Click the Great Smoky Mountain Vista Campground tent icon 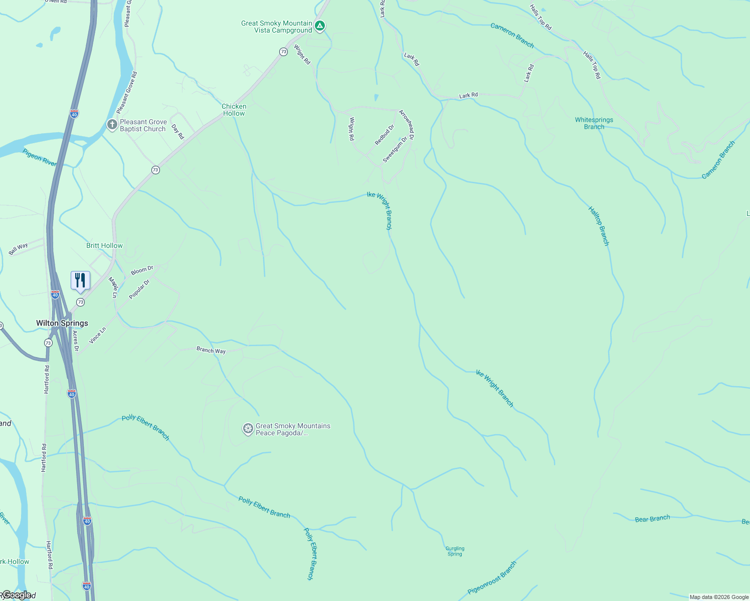coord(320,26)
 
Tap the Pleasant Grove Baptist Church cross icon coord(112,124)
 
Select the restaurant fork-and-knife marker coord(80,280)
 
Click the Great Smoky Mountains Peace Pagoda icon coord(248,429)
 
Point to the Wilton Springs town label coord(62,324)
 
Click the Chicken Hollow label coord(234,110)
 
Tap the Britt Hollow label coord(104,245)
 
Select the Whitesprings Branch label coord(594,123)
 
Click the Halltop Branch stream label coord(599,226)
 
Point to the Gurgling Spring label coord(455,551)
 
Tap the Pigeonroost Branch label coord(492,578)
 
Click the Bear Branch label coord(652,519)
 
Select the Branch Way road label coord(211,350)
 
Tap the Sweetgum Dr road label coord(395,150)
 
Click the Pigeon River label coord(40,157)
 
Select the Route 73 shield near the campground coord(283,52)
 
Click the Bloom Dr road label coord(142,270)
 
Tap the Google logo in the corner coord(16,595)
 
